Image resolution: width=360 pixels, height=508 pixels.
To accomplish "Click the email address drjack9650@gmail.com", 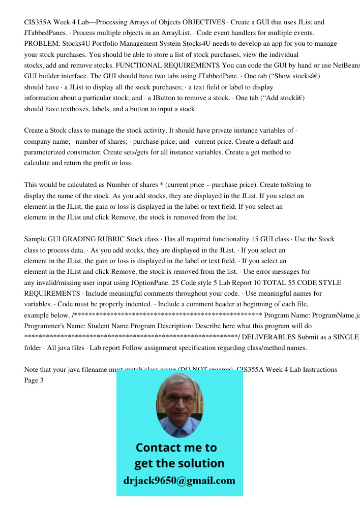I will pos(179,481).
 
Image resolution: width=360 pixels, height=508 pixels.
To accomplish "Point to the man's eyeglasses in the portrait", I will pos(178,400).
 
